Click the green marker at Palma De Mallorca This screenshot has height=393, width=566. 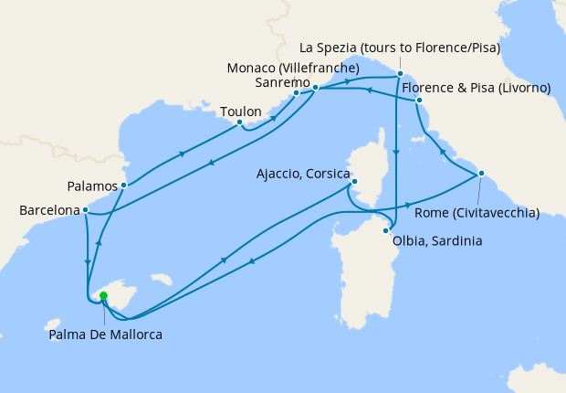coord(103,295)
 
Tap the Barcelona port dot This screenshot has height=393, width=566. coord(85,209)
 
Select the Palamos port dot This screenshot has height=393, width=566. coord(123,185)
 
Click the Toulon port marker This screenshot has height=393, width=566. coord(239,122)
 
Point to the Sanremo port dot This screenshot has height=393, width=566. coord(297,92)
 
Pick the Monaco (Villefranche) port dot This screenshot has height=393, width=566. coord(315,87)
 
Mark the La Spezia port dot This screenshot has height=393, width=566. coord(399,72)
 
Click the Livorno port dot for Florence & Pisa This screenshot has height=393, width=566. coord(418,99)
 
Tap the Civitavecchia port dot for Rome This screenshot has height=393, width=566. coord(481,173)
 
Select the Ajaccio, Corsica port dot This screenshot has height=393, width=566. coord(354,181)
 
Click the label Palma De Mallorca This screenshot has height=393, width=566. coord(106,335)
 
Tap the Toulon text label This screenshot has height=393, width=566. coord(241,112)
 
